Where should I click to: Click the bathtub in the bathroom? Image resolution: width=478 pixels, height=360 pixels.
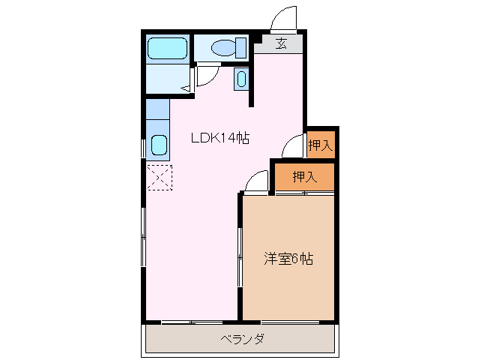(166, 49)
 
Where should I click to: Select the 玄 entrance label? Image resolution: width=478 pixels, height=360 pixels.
(281, 43)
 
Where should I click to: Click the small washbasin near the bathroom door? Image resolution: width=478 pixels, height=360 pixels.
(241, 78)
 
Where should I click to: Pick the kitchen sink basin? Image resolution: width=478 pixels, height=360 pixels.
(158, 144)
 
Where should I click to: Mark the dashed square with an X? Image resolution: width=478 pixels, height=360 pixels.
(159, 177)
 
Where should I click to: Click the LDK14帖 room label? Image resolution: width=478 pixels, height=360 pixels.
(220, 137)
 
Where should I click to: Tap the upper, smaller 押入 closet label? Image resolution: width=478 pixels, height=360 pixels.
(320, 145)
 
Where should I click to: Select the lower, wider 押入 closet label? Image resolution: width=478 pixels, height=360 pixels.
(303, 177)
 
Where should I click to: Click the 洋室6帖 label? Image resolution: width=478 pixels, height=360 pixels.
(288, 259)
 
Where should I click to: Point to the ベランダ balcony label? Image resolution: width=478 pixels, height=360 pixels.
(242, 339)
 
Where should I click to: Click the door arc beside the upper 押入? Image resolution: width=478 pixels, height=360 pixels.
(294, 145)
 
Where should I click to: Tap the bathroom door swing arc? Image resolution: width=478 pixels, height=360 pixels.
(207, 75)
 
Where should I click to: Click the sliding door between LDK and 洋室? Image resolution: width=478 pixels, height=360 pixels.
(240, 257)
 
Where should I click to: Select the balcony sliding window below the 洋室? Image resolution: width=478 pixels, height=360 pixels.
(289, 322)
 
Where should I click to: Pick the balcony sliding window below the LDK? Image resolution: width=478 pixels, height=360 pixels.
(191, 322)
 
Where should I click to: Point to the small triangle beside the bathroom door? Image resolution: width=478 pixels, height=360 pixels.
(185, 88)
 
